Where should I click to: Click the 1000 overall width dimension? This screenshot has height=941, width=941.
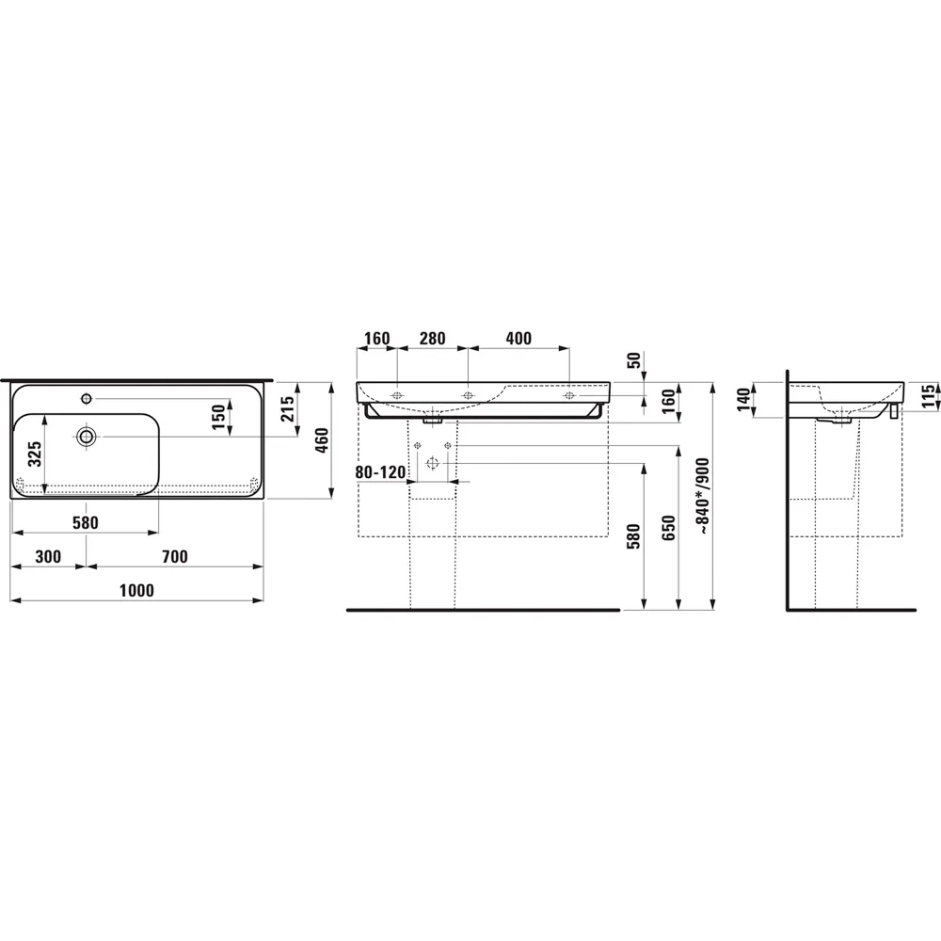[x=136, y=590]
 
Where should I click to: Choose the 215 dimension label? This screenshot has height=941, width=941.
[x=288, y=408]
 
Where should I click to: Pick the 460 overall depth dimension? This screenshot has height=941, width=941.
[x=320, y=439]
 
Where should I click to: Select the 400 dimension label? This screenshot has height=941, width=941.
[x=518, y=339]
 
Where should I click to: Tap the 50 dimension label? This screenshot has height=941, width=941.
[x=634, y=359]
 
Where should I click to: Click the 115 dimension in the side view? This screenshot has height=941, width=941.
[x=928, y=394]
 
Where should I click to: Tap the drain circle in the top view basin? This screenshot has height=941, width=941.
[x=87, y=436]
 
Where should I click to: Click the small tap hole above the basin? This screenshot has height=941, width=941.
[x=87, y=397]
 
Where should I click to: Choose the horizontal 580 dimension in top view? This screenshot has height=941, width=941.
[x=85, y=522]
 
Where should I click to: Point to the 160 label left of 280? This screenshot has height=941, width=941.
[x=376, y=339]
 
